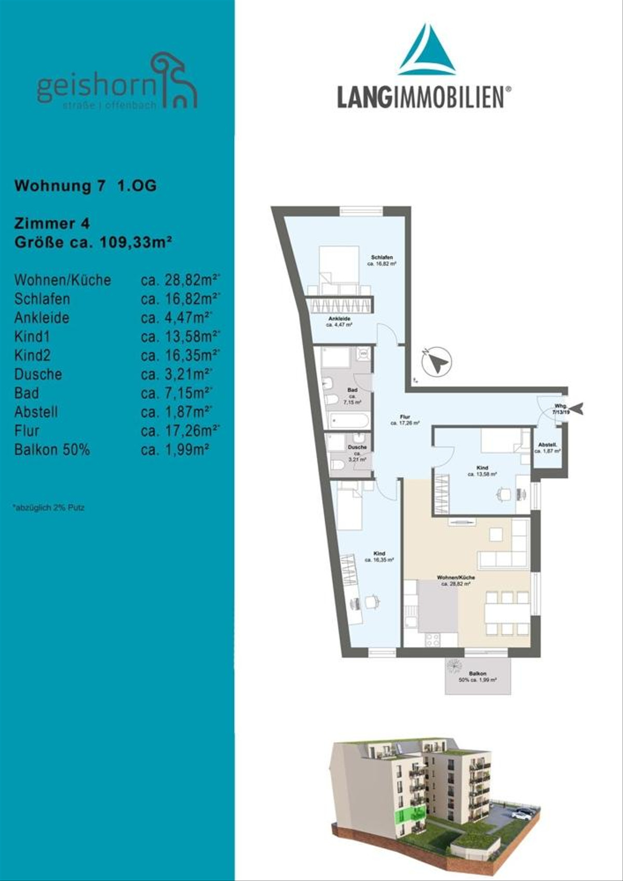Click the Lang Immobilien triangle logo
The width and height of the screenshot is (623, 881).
[x=427, y=50]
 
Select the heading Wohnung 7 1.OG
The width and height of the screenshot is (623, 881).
[x=86, y=186]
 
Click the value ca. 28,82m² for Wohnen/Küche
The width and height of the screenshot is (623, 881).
[x=180, y=280]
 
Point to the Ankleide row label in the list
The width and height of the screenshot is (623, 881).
[x=42, y=318]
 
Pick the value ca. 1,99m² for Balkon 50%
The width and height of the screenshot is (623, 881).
[x=174, y=450]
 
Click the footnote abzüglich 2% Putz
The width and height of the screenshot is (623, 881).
[x=49, y=508]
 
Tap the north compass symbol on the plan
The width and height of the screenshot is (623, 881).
[x=437, y=361]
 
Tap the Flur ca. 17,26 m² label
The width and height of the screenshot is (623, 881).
[x=405, y=419]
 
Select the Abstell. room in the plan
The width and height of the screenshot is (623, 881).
[x=548, y=448]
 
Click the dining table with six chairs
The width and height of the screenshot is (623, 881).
[x=507, y=613]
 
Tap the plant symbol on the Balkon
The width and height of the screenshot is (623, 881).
[x=454, y=666]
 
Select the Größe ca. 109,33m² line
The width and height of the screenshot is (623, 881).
[x=93, y=242]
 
